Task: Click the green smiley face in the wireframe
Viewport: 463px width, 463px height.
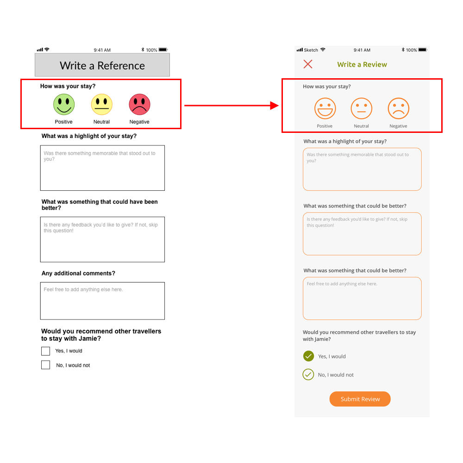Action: [64, 104]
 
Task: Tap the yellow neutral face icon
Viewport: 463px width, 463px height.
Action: [101, 104]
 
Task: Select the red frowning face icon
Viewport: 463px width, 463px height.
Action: [139, 104]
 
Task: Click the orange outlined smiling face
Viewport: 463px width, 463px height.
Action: [325, 108]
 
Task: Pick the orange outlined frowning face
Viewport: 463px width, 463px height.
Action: [398, 108]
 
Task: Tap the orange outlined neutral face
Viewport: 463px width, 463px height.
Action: [362, 108]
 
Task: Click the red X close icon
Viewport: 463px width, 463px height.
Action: [308, 64]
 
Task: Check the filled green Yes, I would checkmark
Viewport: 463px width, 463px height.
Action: [308, 356]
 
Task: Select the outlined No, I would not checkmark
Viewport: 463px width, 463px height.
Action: [308, 375]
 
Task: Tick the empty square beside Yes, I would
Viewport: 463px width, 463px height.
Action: [45, 351]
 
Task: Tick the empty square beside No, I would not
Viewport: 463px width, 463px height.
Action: [45, 365]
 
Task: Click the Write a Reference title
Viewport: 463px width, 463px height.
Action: [102, 66]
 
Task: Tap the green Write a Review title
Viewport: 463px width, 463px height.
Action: [362, 64]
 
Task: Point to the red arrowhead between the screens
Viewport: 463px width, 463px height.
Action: [274, 106]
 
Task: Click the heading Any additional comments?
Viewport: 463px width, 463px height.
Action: [78, 274]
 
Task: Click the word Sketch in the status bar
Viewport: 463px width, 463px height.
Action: [311, 50]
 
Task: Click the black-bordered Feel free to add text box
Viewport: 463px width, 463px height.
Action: [102, 301]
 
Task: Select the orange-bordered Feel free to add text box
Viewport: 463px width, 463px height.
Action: [362, 298]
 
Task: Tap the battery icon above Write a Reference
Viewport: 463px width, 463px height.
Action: [163, 50]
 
